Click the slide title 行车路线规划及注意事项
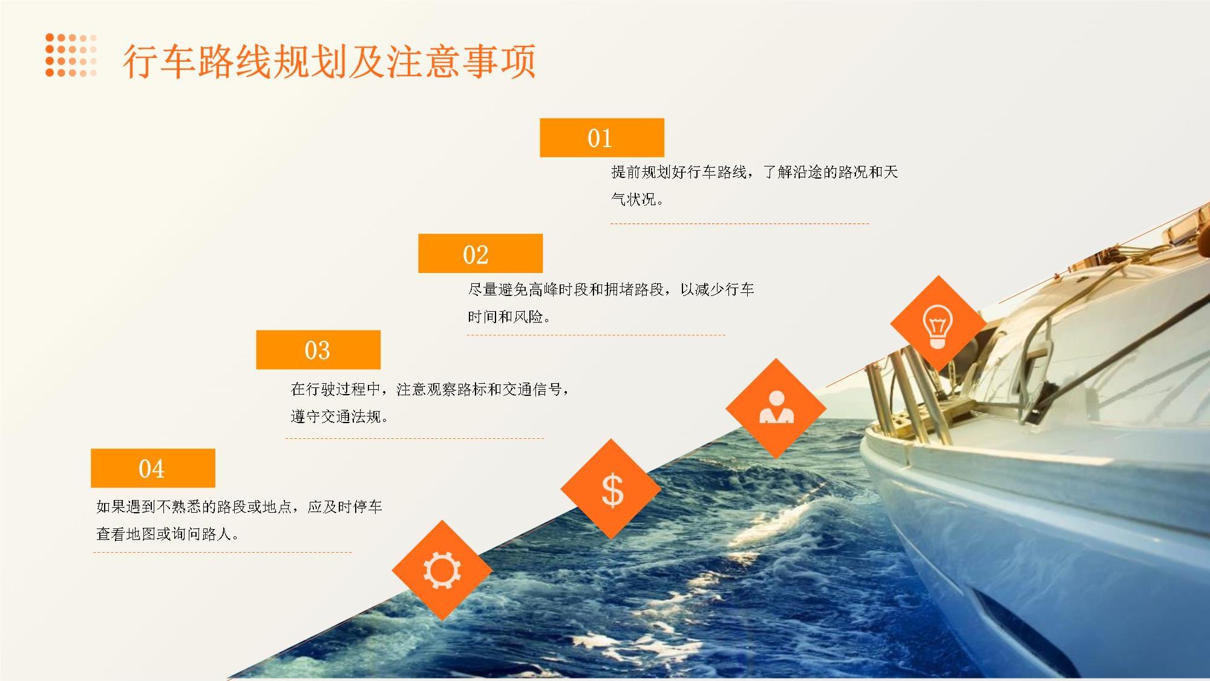[x=330, y=61]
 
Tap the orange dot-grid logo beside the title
[x=71, y=55]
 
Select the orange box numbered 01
[x=602, y=137]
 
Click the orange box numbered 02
[x=480, y=254]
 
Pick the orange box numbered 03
[x=318, y=350]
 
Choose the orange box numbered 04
[x=153, y=468]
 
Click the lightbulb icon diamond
[x=938, y=324]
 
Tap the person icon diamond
[x=776, y=408]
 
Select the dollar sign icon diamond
[x=611, y=489]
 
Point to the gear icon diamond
[x=442, y=570]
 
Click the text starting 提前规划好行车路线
[x=754, y=173]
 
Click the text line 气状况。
[x=637, y=199]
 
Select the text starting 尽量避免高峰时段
[x=611, y=289]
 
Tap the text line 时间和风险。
[x=509, y=317]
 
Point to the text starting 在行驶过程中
[x=430, y=389]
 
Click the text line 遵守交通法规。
[x=339, y=416]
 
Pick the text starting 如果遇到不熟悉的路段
[x=240, y=507]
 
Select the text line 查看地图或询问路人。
[x=168, y=534]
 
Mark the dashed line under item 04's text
[x=223, y=552]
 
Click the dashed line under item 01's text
[x=739, y=223]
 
